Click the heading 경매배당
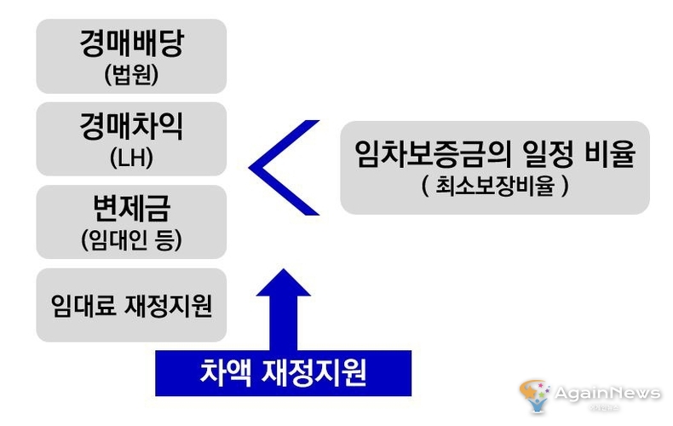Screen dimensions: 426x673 [131, 45]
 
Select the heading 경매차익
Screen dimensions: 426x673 [131, 129]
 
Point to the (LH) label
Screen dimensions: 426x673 [131, 158]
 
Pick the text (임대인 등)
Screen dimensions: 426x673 [131, 242]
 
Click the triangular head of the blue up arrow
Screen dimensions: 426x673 [284, 285]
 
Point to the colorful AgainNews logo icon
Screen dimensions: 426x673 [536, 397]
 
